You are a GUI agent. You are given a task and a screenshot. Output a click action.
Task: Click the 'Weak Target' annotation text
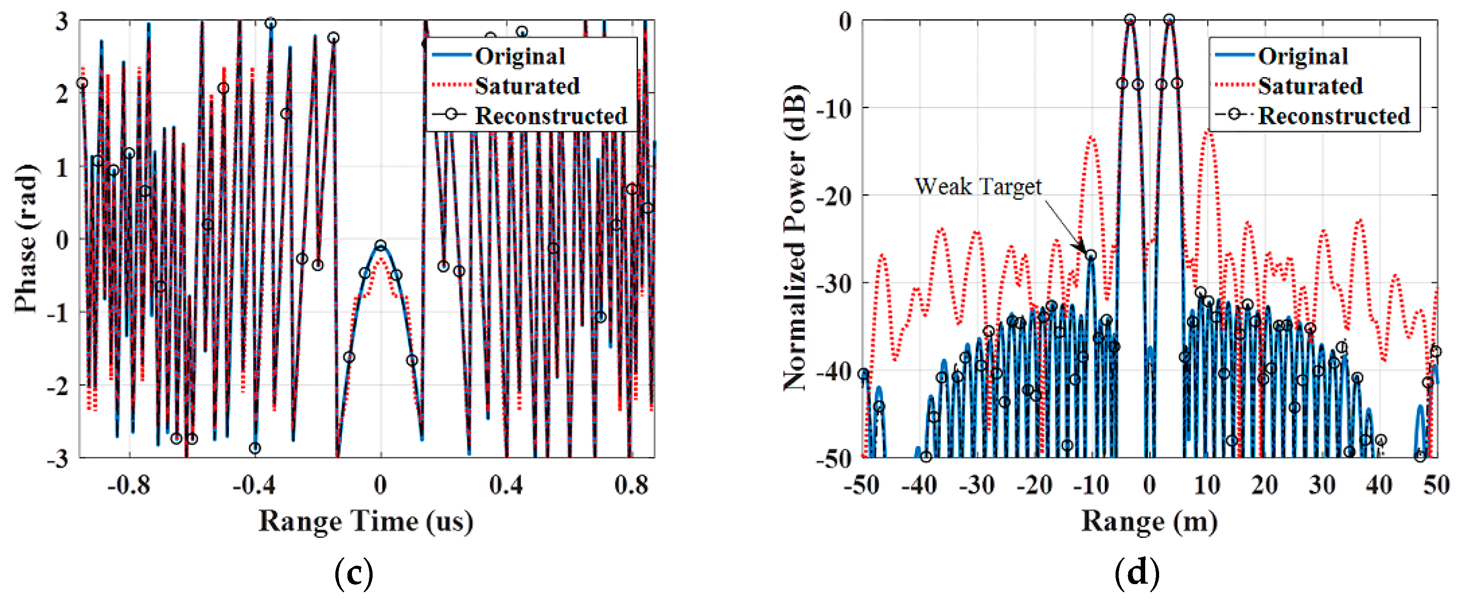(978, 187)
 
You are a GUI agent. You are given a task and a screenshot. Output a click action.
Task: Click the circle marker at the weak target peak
(1091, 256)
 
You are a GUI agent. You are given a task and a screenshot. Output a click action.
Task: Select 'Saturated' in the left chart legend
(527, 86)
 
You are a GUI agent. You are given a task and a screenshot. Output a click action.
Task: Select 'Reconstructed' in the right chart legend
(1334, 116)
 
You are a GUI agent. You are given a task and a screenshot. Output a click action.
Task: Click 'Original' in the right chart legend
(1303, 56)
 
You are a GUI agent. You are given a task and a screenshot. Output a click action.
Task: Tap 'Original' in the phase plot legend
(520, 56)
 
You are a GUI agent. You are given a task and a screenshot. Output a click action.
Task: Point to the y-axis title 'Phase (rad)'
(26, 239)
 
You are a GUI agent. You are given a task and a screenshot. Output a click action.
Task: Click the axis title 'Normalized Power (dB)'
(795, 239)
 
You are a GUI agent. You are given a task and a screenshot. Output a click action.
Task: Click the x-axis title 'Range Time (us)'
(366, 521)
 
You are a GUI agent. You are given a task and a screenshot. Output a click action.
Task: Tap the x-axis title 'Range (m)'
(1149, 521)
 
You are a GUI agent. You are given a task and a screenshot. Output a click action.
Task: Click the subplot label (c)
(354, 573)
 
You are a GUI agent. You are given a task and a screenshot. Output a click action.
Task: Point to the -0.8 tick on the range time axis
(129, 485)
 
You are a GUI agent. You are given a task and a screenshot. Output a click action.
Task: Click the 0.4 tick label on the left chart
(505, 485)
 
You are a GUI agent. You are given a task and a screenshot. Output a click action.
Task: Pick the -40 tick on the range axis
(919, 485)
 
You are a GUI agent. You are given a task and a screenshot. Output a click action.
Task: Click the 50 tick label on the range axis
(1436, 485)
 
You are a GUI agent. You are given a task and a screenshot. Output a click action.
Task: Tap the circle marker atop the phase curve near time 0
(381, 245)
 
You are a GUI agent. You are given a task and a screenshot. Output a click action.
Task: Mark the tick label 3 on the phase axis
(62, 22)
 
